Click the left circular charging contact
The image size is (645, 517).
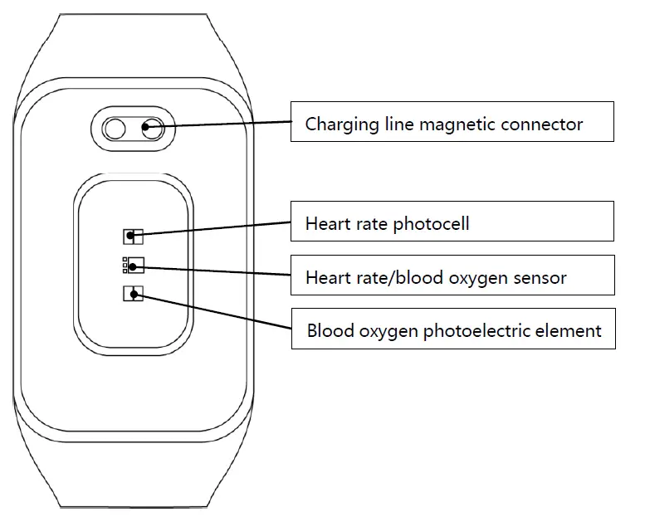tap(115, 128)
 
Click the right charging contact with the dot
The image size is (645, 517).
tap(153, 128)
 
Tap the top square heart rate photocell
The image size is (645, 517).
tap(133, 237)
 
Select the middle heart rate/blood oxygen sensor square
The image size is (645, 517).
tap(133, 266)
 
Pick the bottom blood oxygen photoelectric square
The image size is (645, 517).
tap(133, 293)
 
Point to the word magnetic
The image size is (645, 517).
tap(455, 124)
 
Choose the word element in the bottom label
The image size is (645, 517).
tap(573, 331)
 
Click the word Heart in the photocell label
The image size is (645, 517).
tap(327, 224)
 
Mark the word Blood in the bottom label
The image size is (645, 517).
tap(330, 331)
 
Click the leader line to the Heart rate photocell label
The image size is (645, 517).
tap(216, 229)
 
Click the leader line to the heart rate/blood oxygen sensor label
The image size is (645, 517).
tap(216, 269)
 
